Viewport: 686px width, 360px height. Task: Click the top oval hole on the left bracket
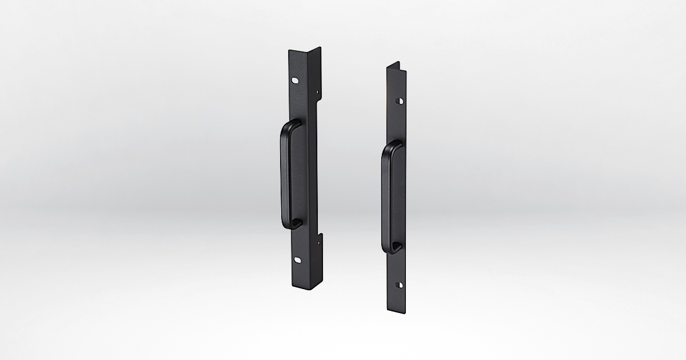coord(294,81)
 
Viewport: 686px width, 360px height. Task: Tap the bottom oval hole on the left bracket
coord(298,260)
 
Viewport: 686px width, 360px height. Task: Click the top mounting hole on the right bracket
coord(400,101)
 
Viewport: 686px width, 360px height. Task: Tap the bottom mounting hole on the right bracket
coord(400,285)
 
